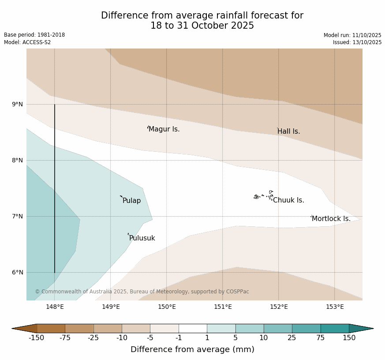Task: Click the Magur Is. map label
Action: [164, 129]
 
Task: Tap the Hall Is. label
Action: [289, 131]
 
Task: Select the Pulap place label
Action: [131, 201]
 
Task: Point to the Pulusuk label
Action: [142, 238]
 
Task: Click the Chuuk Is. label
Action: [288, 200]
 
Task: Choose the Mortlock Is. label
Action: [331, 219]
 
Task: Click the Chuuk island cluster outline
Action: [263, 195]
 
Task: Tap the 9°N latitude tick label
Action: [17, 105]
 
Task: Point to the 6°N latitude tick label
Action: [17, 273]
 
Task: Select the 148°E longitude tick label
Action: [55, 307]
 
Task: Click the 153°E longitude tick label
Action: [335, 307]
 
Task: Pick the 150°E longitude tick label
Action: [167, 307]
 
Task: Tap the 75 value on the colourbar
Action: [321, 338]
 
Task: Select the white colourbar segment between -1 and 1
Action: [193, 328]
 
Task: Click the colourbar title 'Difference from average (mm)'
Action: [192, 349]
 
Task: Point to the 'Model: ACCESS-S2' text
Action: [27, 42]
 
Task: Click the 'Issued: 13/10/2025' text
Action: [357, 42]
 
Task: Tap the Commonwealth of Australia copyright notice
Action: [142, 292]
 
